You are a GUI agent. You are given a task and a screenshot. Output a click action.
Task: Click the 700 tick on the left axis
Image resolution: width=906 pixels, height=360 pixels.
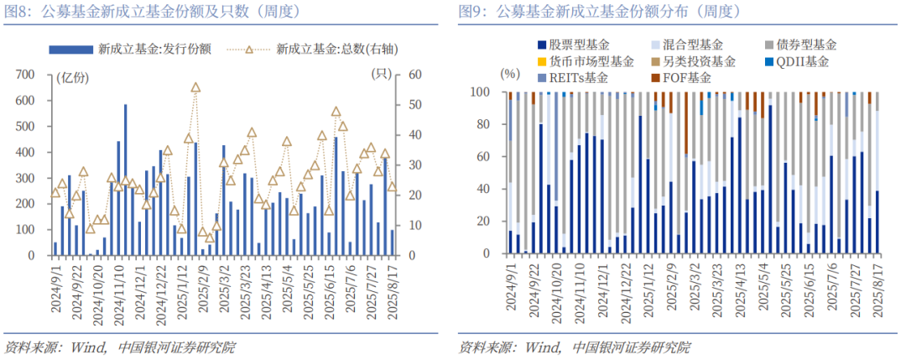point(23,75)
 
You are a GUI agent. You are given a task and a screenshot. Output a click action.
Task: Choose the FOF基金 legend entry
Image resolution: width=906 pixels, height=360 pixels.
point(683,78)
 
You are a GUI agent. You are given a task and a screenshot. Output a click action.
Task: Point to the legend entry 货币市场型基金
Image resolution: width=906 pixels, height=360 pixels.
point(592,61)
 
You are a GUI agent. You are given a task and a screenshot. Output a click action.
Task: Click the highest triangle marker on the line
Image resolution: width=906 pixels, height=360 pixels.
point(195,87)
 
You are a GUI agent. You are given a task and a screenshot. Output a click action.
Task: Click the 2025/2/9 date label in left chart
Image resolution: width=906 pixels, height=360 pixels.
point(203,290)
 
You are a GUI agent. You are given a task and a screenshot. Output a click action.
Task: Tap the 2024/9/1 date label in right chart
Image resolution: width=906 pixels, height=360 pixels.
point(511,290)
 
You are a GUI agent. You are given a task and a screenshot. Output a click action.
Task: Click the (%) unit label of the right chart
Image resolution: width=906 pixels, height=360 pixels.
point(510,75)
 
